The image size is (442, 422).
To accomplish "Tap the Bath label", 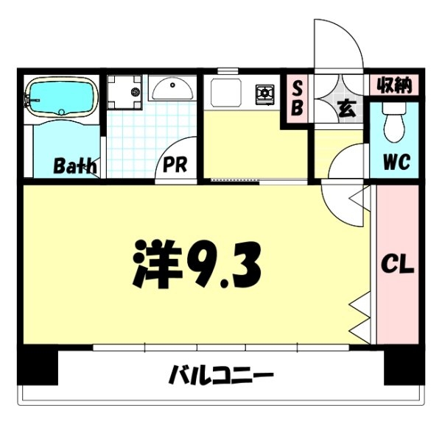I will [74, 165].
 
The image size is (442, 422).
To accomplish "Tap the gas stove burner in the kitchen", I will [264, 93].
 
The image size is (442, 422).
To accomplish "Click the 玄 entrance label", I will [345, 109].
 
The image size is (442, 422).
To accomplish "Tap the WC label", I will [395, 160].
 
